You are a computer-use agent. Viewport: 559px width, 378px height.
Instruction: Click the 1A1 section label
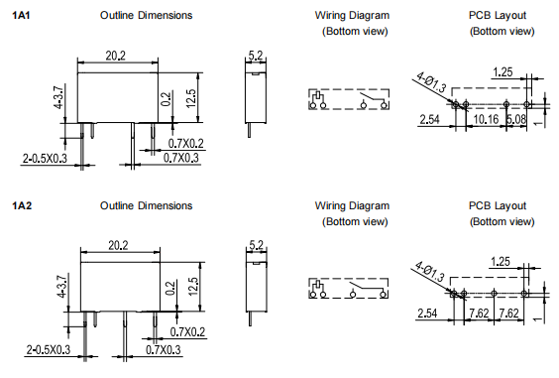(21, 15)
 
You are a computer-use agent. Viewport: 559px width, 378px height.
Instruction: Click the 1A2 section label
(22, 206)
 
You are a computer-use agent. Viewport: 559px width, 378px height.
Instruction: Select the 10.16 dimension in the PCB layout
(486, 119)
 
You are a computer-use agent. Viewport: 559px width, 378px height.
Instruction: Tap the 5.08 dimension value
(516, 119)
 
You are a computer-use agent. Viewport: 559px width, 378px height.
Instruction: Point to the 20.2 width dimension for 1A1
(116, 56)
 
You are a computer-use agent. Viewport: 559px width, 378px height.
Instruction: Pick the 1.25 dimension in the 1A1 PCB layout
(503, 72)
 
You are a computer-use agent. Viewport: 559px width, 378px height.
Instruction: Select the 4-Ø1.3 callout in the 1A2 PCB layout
(430, 271)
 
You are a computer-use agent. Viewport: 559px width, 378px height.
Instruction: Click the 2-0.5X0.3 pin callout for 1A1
(45, 158)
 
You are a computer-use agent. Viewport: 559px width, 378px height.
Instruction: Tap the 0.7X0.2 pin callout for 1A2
(187, 332)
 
